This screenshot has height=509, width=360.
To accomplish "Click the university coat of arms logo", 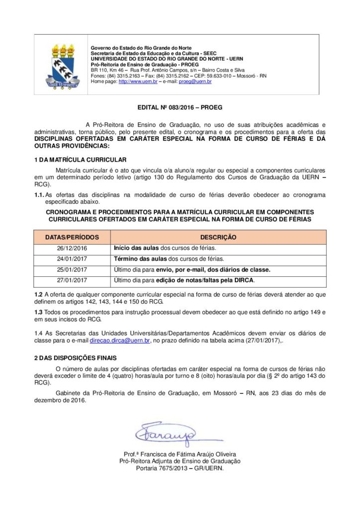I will [x=62, y=65].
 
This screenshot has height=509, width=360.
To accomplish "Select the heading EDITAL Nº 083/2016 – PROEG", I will [x=180, y=107].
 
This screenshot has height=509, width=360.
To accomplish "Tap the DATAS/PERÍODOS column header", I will [x=72, y=238].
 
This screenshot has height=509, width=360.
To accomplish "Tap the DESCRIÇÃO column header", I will [x=218, y=238].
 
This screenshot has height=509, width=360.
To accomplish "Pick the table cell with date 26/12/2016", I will [x=72, y=248].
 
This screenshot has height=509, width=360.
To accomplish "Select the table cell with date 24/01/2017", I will [x=72, y=259].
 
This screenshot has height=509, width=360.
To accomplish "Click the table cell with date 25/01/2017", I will [x=72, y=270].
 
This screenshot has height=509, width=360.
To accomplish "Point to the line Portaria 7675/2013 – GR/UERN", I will [x=180, y=468].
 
